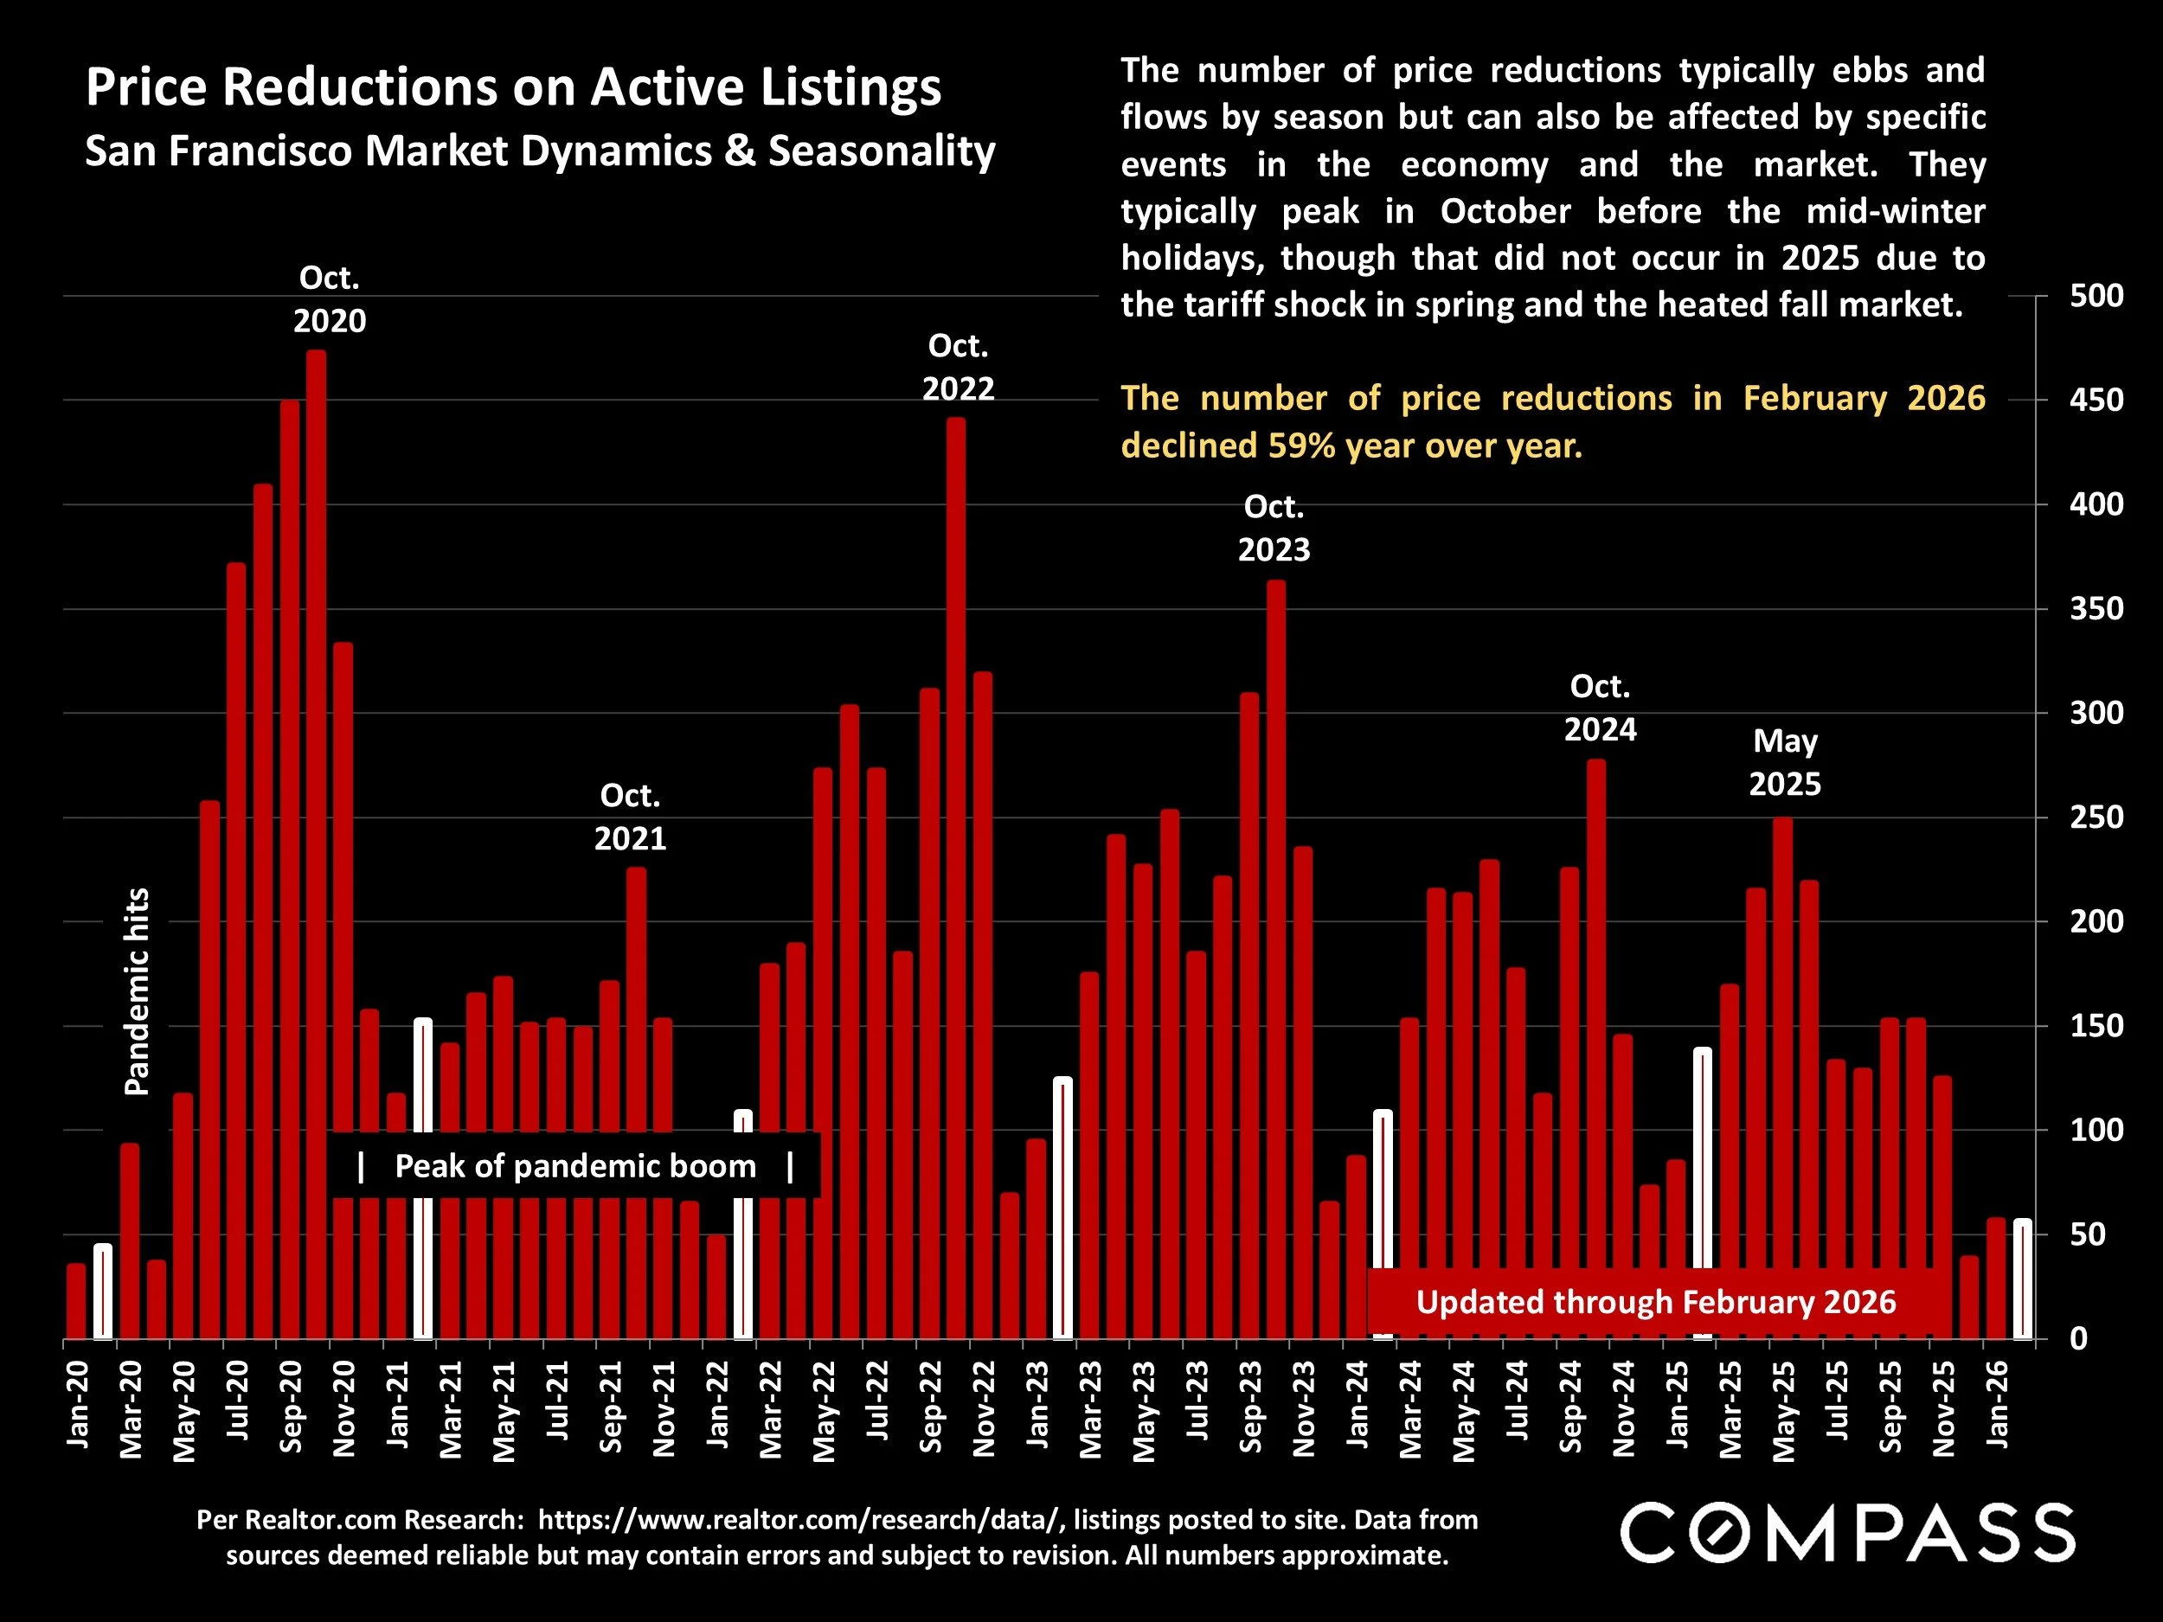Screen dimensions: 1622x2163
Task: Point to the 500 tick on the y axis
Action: (2096, 295)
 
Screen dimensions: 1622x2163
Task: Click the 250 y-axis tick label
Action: (2096, 817)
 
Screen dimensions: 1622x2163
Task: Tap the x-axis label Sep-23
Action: (1251, 1406)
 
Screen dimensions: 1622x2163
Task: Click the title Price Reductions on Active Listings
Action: (512, 87)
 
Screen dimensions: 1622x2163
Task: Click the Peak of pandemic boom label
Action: (575, 1166)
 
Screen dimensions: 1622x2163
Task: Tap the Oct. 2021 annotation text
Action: (630, 817)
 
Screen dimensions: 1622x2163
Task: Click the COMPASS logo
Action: (1847, 1533)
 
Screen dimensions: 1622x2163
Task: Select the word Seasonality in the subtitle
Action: (881, 151)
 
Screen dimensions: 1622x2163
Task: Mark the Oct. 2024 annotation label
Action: (1600, 708)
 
